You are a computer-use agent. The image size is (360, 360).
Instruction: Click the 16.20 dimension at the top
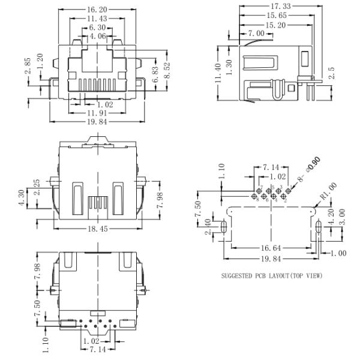pyautogui.click(x=96, y=10)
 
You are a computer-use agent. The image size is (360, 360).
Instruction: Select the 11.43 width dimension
pyautogui.click(x=97, y=19)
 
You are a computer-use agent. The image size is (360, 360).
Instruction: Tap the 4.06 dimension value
pyautogui.click(x=97, y=36)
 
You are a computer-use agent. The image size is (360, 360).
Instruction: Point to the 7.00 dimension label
pyautogui.click(x=256, y=34)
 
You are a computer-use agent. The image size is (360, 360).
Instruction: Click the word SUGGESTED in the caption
pyautogui.click(x=238, y=275)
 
